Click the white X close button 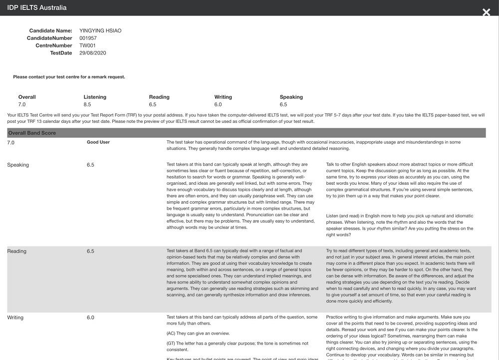(x=486, y=12)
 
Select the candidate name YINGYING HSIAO (x=100, y=31)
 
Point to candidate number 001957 (x=89, y=38)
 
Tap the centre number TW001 (x=87, y=45)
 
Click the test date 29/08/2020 (x=93, y=53)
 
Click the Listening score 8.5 (x=87, y=105)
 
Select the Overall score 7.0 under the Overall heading (x=22, y=105)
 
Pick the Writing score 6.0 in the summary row (x=218, y=105)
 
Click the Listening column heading (x=95, y=97)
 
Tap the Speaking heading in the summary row (x=291, y=97)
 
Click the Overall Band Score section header (x=32, y=133)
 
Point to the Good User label (x=98, y=142)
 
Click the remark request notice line (x=69, y=77)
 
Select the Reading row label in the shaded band (x=17, y=251)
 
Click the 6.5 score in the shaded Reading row (x=90, y=251)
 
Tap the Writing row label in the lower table (x=15, y=318)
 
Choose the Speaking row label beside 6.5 (x=18, y=165)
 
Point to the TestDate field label (x=61, y=53)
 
